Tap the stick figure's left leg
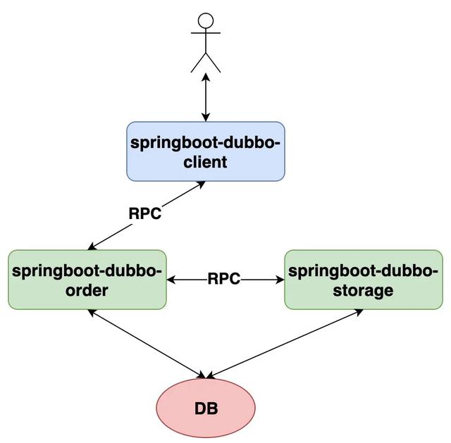pyautogui.click(x=197, y=63)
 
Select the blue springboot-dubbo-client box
pyautogui.click(x=205, y=151)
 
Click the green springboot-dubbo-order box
pyautogui.click(x=87, y=280)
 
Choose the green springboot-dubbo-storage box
pyautogui.click(x=364, y=280)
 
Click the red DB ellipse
pyautogui.click(x=205, y=408)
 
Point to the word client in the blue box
pyautogui.click(x=205, y=162)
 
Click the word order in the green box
pyautogui.click(x=87, y=290)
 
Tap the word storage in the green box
pyautogui.click(x=364, y=290)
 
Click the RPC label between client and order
pyautogui.click(x=144, y=213)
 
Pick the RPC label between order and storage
pyautogui.click(x=224, y=280)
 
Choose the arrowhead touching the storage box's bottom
pyautogui.click(x=358, y=312)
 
